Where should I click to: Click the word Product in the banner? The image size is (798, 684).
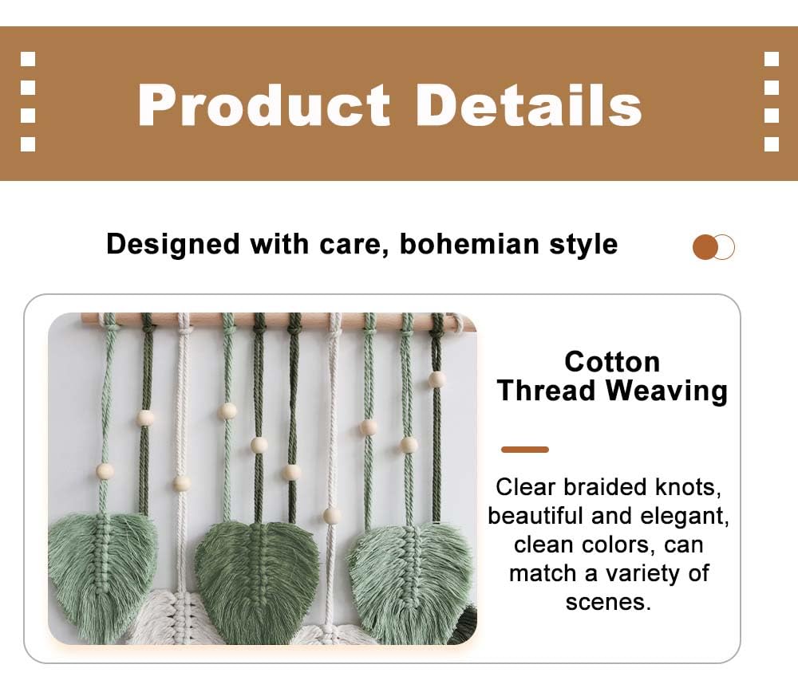pos(263,105)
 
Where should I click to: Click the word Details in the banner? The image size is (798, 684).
pos(529,104)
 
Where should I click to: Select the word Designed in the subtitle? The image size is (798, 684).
pos(173,245)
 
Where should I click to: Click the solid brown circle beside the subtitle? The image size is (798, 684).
pos(705,247)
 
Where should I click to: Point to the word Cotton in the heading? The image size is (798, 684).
pos(612,362)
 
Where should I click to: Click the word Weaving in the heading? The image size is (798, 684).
pos(666,392)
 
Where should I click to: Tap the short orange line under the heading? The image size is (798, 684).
pos(525,449)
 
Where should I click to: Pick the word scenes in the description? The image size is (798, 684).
pos(608,602)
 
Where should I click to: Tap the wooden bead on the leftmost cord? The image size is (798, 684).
pos(105,471)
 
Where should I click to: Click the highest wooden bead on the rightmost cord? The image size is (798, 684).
pos(437,379)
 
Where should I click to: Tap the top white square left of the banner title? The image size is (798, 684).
pos(28,59)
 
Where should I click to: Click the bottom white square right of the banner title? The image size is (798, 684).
pos(772,144)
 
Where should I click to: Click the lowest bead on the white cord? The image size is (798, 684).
pos(332,516)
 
